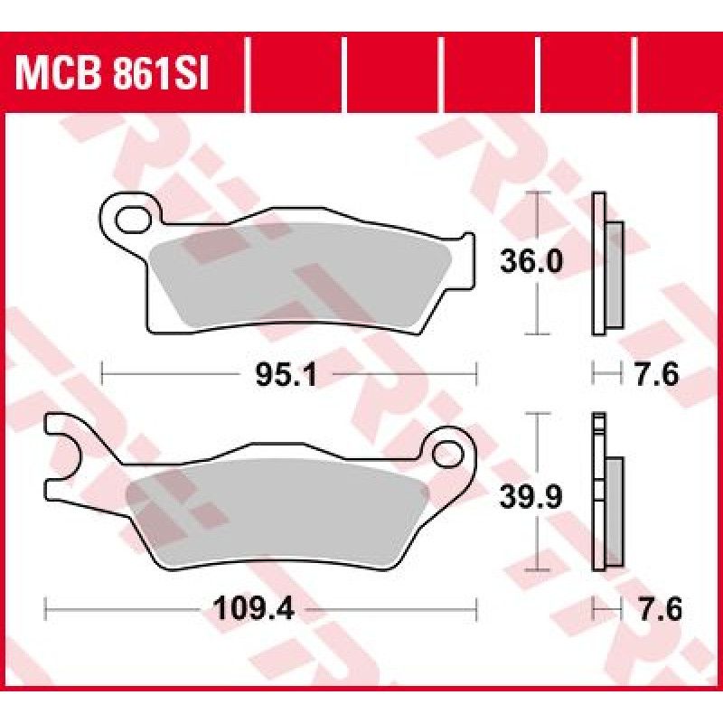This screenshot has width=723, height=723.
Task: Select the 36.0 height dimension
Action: click(531, 261)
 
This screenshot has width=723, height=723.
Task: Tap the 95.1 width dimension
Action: click(286, 374)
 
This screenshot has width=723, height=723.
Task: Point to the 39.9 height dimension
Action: click(531, 497)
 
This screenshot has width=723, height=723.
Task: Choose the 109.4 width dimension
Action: click(254, 609)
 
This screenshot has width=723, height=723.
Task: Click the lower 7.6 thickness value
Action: click(660, 609)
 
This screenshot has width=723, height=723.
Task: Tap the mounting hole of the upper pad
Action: click(133, 221)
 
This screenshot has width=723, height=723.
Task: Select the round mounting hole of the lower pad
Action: click(448, 455)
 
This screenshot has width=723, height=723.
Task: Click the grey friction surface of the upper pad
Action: click(301, 276)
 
